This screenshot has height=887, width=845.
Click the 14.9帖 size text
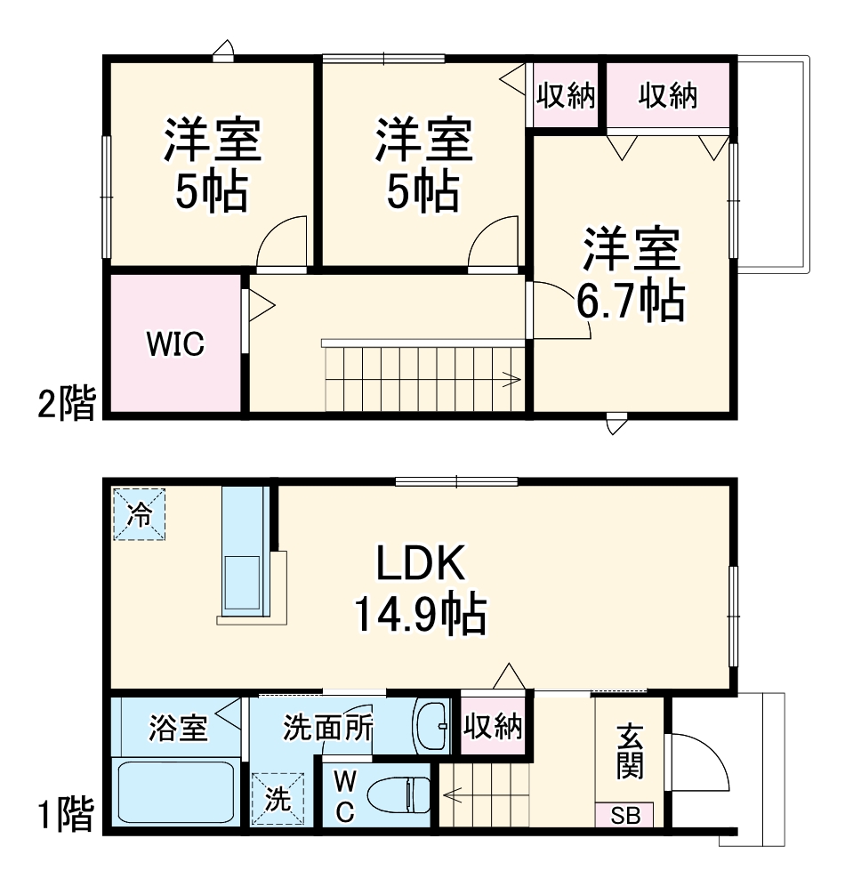[420, 614]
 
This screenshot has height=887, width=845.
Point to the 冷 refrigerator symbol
[139, 514]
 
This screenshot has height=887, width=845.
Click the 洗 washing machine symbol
[278, 797]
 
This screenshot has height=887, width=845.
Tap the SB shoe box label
[624, 815]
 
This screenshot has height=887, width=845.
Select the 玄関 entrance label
[630, 752]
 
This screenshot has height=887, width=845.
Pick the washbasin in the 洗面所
[436, 727]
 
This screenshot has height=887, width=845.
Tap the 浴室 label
[177, 729]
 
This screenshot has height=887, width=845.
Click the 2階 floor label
[66, 405]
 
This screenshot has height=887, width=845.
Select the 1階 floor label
[66, 813]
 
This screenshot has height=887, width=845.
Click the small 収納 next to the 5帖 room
[565, 95]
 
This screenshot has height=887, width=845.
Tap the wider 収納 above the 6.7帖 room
[667, 95]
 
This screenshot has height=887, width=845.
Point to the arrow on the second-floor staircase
[511, 382]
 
